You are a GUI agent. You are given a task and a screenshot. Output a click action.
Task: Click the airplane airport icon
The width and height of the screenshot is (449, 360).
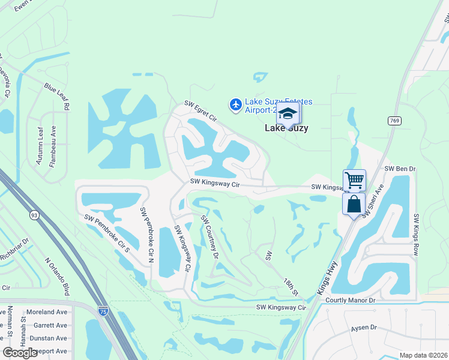coord(236,105)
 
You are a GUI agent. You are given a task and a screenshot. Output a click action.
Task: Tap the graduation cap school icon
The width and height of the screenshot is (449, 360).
coord(288,113)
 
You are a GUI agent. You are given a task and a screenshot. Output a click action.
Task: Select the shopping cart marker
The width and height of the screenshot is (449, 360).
coord(354,179)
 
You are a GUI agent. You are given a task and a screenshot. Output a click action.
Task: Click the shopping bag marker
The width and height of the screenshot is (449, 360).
coord(354,203)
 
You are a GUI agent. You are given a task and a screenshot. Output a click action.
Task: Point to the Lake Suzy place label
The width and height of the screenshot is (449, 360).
coord(287,128)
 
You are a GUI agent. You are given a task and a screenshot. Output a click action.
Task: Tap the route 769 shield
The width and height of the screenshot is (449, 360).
coord(394,121)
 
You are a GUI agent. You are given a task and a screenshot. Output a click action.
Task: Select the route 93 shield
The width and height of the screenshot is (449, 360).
coord(34,214)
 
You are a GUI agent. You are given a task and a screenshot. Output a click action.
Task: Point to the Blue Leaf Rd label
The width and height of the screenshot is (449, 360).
coord(57,97)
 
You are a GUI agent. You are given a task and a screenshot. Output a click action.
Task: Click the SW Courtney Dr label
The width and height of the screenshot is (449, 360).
coord(210,236)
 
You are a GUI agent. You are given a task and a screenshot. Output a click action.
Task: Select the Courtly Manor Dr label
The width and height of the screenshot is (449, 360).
coord(350,299)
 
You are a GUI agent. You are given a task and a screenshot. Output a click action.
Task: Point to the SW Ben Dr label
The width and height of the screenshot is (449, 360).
coord(400,169)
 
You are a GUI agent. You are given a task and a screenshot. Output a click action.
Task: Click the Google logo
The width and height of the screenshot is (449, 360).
coord(20,353)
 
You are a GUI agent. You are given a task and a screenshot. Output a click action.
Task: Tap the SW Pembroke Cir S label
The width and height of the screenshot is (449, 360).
coord(106,233)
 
